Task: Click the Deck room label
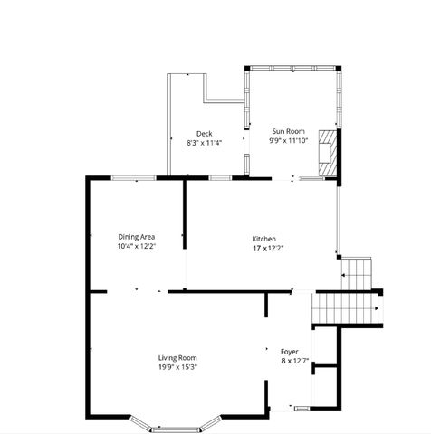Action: [204, 133]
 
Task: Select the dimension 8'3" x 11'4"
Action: [204, 142]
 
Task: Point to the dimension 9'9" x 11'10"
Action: [288, 141]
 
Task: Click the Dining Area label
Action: [136, 237]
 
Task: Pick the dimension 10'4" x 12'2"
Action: [136, 246]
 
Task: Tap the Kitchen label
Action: [263, 238]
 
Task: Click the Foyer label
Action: [289, 351]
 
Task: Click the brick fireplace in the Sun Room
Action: [331, 154]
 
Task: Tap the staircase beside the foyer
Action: [347, 308]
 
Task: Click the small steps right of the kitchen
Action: [358, 269]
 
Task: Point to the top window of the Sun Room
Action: [292, 68]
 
